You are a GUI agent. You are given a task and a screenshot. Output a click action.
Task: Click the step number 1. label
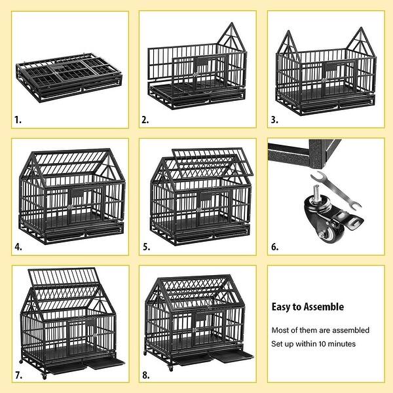click(18, 120)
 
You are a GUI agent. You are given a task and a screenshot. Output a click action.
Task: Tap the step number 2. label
click(145, 120)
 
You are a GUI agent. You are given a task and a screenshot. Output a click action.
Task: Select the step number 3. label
click(275, 120)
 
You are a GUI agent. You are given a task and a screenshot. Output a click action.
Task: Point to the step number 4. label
click(18, 248)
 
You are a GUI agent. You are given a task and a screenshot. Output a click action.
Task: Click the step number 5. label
click(145, 248)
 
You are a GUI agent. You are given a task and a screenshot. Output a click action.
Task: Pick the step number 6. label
click(275, 247)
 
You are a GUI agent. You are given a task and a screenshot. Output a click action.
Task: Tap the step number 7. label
click(18, 375)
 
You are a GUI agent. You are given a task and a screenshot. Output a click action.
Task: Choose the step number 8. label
click(145, 375)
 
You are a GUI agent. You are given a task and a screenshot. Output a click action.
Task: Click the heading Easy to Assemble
click(307, 307)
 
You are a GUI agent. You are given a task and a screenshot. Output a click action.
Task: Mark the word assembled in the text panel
click(350, 330)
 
